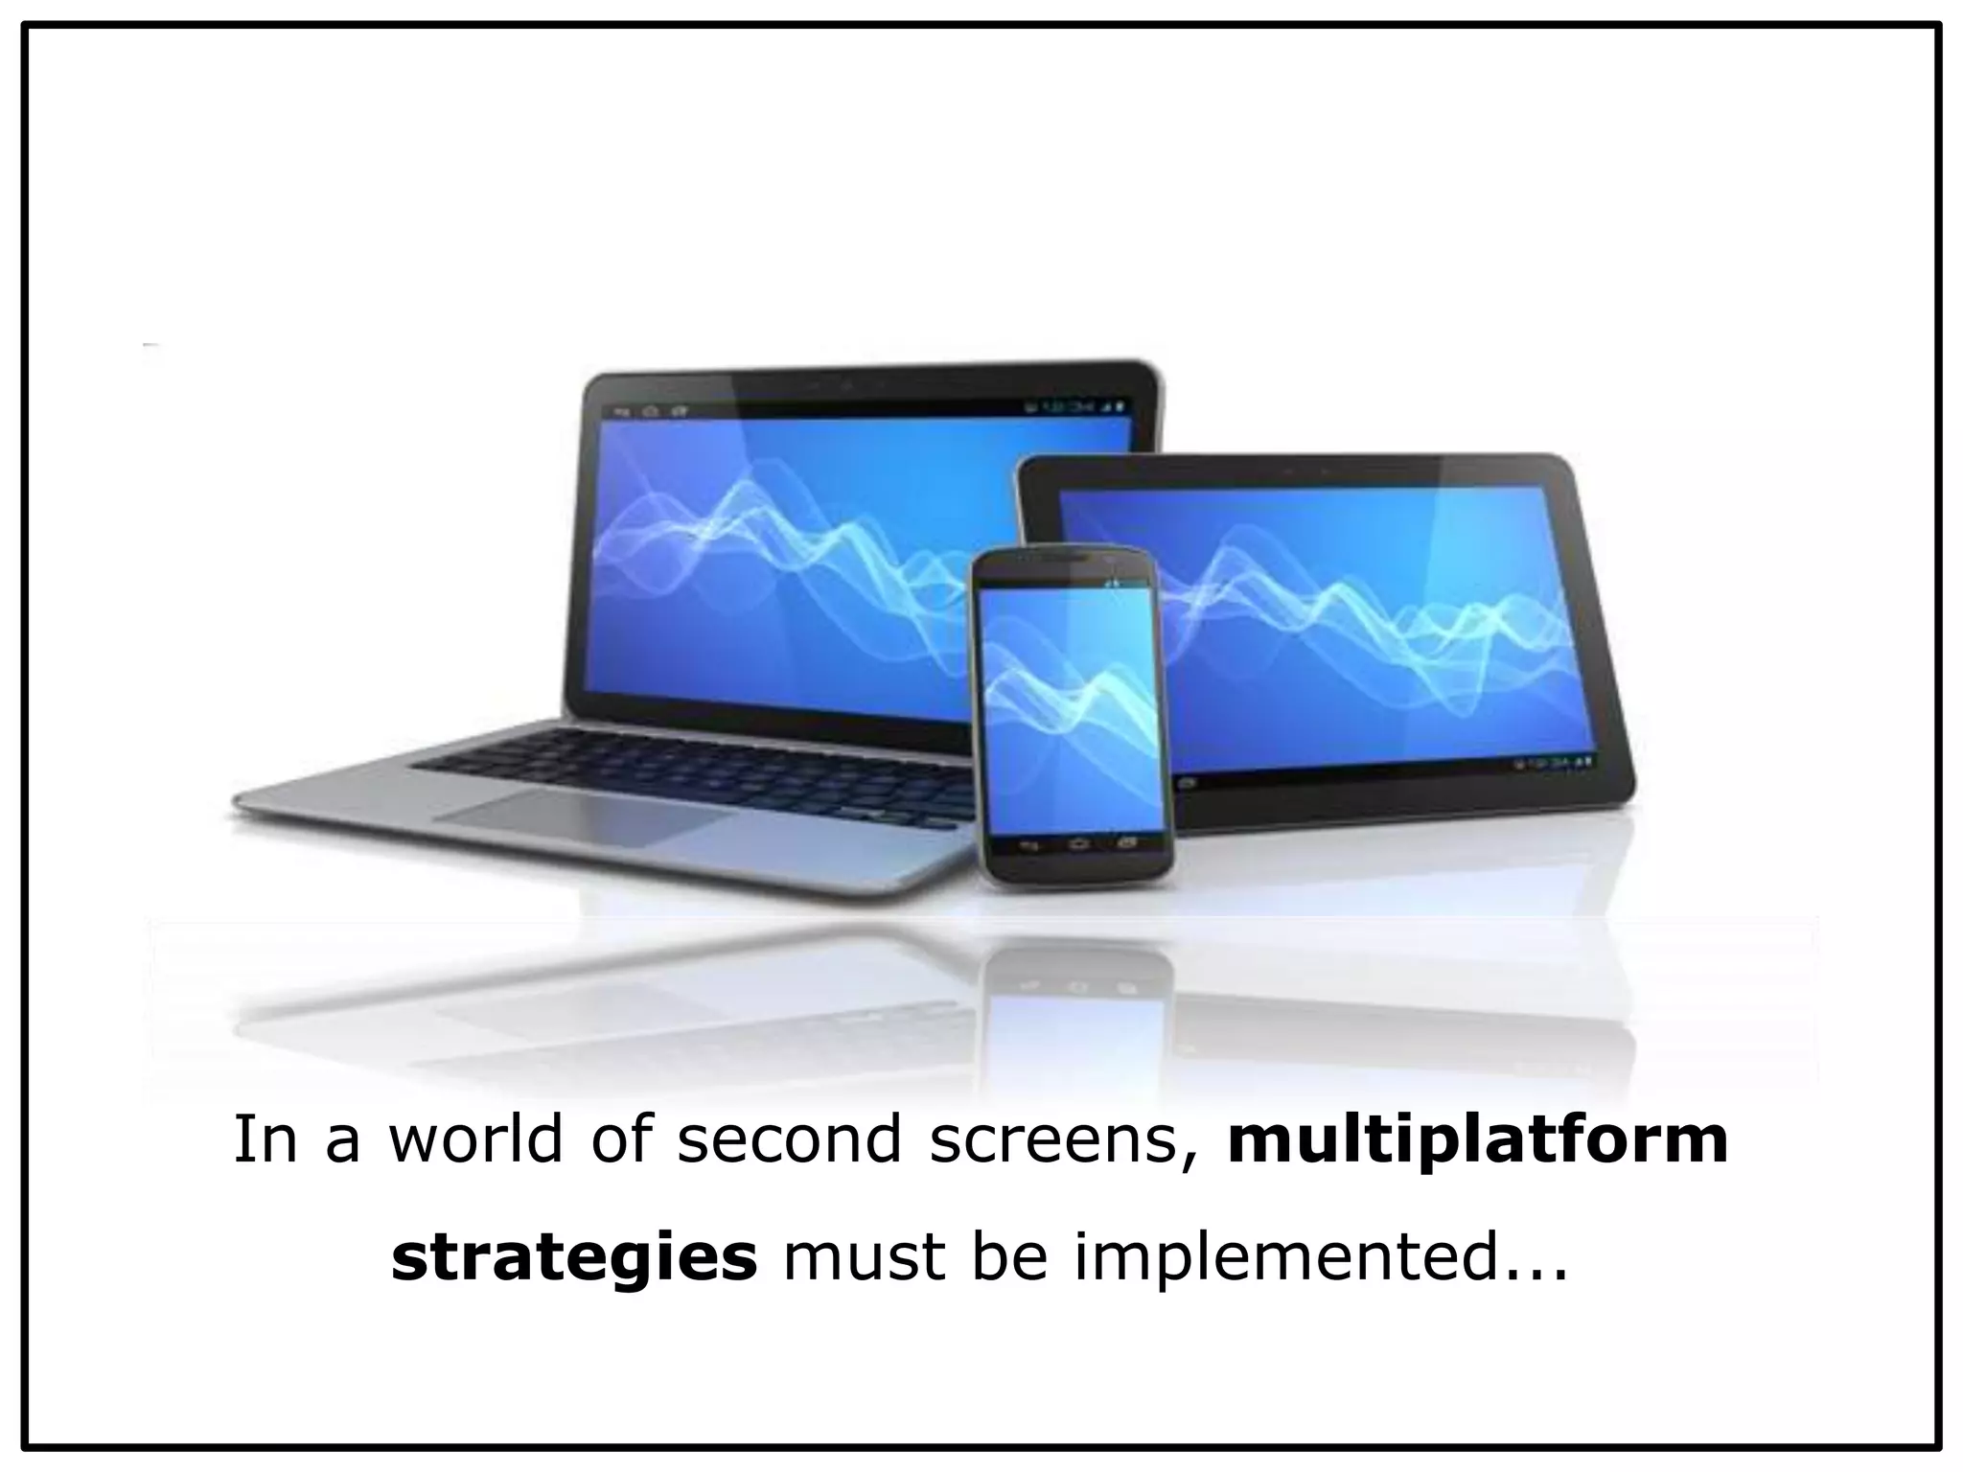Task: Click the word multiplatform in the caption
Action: pyautogui.click(x=1477, y=1140)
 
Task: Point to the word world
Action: pyautogui.click(x=475, y=1140)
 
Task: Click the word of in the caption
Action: pyautogui.click(x=619, y=1140)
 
